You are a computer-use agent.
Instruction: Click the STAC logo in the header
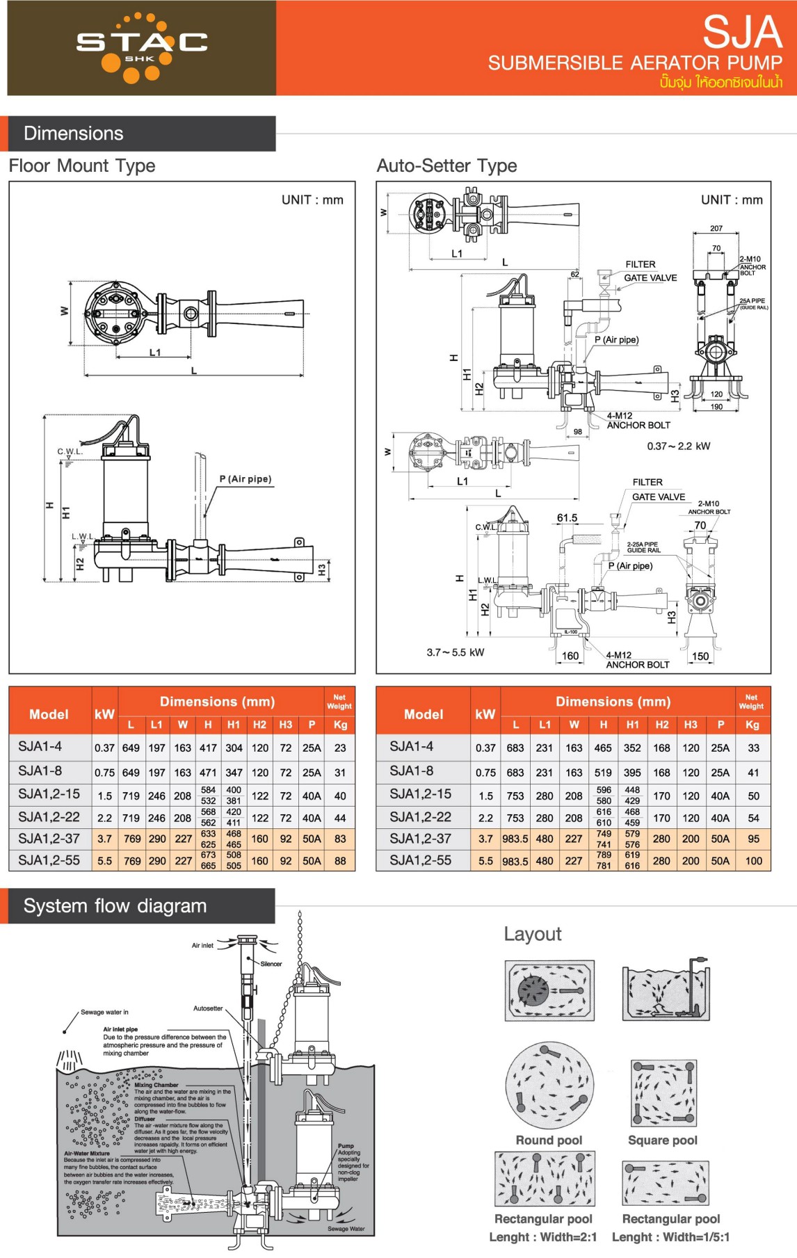pos(142,46)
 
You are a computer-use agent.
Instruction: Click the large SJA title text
pos(742,32)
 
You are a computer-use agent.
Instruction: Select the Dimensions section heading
pos(74,134)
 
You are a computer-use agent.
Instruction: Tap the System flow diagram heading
pos(115,906)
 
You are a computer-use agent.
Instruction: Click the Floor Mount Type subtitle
pos(82,166)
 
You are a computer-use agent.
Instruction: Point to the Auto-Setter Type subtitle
pos(446,166)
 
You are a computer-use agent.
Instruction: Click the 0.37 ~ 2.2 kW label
pos(678,446)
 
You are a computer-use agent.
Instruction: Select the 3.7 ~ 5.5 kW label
pos(456,652)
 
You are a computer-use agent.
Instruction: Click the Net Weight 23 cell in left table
pos(340,748)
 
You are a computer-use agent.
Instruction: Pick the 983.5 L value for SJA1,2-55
pos(515,861)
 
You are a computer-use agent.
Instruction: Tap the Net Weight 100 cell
pos(754,861)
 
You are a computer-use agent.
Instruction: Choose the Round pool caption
pos(549,1140)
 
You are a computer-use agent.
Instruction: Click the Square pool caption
pos(662,1140)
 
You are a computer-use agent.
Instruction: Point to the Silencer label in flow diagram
pos(271,964)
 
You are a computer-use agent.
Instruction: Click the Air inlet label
pos(202,946)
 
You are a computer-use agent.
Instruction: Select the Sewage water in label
pos(104,1012)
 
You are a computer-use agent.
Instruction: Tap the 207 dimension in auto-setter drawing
pos(716,228)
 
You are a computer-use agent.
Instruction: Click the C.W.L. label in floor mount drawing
pos(70,452)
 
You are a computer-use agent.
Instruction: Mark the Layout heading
pos(533,934)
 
